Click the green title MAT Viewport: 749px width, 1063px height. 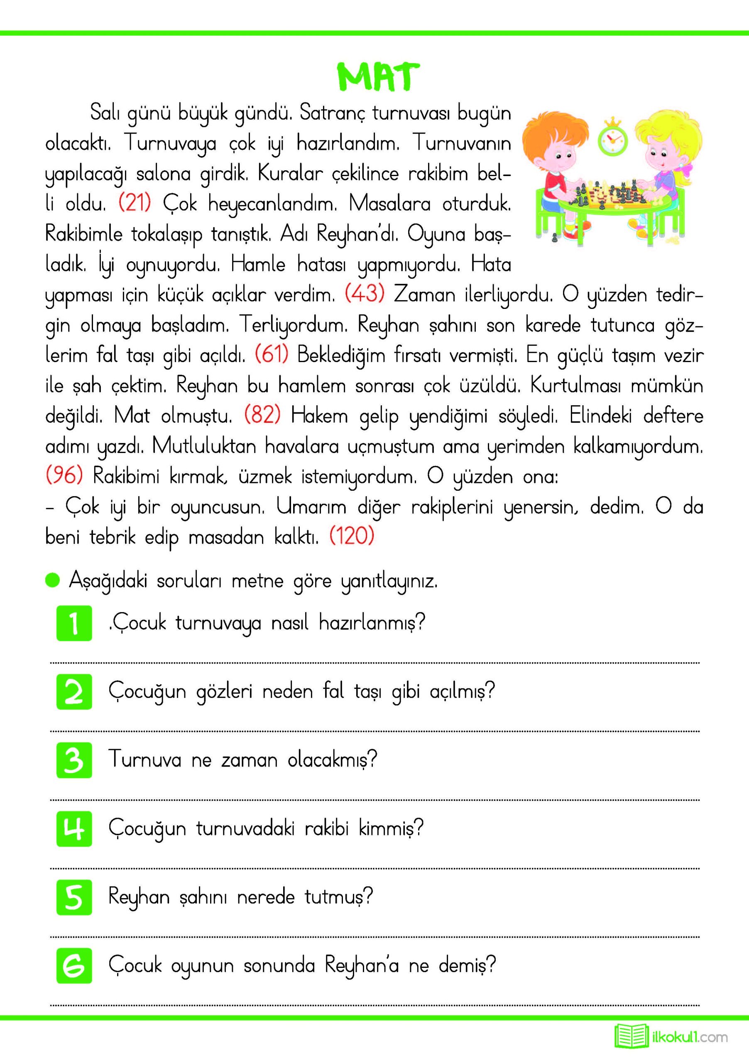click(377, 77)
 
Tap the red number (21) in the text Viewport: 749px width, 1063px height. click(135, 203)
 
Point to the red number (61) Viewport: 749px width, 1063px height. click(271, 355)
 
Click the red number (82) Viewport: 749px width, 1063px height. click(262, 415)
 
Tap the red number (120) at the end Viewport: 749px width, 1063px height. click(352, 536)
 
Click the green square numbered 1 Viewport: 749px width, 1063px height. click(74, 623)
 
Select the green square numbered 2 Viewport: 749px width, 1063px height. click(74, 692)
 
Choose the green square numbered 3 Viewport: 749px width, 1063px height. click(74, 760)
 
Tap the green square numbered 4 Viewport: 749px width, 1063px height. click(74, 829)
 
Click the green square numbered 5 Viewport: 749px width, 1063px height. click(74, 897)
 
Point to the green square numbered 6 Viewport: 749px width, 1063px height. click(74, 966)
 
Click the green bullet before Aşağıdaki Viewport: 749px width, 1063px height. click(53, 580)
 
